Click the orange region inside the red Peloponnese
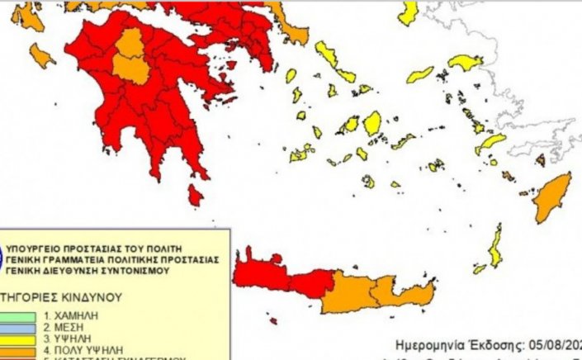click(x=130, y=58)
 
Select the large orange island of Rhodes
click(x=551, y=199)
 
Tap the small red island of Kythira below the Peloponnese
click(x=195, y=196)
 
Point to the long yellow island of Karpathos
click(x=494, y=247)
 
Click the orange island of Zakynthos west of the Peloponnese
click(x=41, y=55)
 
